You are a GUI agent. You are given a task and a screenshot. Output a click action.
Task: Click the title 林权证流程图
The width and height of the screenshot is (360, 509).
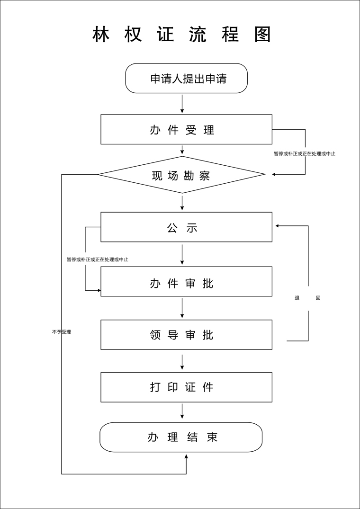coord(182,35)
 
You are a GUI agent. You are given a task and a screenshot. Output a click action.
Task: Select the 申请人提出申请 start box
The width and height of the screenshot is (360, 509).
coord(187,78)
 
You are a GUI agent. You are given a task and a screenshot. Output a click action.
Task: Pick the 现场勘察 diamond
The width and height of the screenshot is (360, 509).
coord(181,175)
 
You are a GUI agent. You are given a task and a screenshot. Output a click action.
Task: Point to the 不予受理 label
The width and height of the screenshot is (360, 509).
coord(62,332)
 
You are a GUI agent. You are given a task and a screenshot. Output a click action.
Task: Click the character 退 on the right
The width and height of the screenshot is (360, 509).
coord(297,298)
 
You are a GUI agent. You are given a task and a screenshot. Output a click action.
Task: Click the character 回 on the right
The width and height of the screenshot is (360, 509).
coord(318,298)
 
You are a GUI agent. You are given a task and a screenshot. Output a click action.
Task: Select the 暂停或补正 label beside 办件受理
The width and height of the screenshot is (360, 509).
coord(305,153)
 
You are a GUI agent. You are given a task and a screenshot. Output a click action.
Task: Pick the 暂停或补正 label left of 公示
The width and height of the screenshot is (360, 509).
coord(98,259)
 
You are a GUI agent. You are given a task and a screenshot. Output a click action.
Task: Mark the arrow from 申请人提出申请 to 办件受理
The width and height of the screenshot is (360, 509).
coord(182,104)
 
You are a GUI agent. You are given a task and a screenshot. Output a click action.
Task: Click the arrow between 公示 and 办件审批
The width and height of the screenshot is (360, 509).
coord(182,254)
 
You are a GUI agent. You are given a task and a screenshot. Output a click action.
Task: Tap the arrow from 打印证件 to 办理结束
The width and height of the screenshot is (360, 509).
coord(182,411)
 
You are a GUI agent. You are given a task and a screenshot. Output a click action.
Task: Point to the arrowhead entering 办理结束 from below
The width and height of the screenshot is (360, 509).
coord(186,456)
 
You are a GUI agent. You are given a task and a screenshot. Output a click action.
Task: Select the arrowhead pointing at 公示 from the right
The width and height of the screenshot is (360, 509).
coord(278,226)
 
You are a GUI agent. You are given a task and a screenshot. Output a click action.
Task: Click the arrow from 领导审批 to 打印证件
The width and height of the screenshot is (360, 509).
coord(182,362)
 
